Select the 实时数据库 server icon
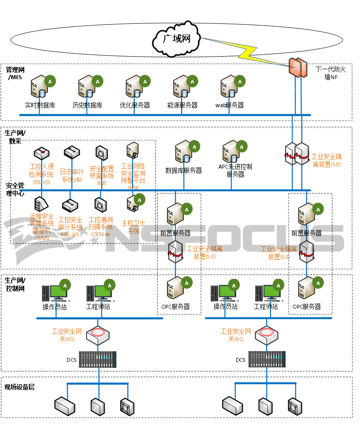(39, 87)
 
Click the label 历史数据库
(87, 105)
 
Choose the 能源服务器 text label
(182, 105)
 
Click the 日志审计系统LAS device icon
(71, 153)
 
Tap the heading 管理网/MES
(15, 73)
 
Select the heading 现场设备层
(19, 387)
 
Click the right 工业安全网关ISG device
(266, 334)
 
